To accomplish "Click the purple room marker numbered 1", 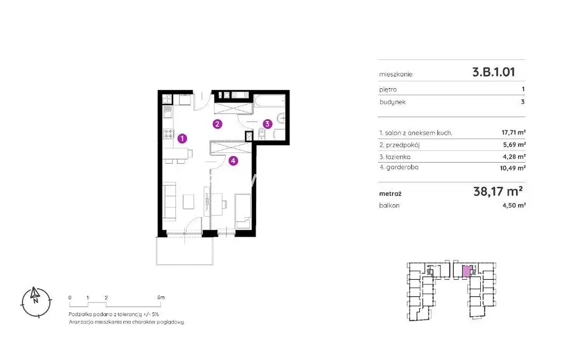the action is point(182,138).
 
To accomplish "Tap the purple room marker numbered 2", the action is point(217,125).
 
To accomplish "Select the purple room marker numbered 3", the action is point(267,124).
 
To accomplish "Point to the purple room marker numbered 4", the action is point(233,160).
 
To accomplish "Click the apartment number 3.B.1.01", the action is point(493,72).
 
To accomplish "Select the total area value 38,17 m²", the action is point(498,191).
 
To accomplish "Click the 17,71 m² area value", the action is point(513,133).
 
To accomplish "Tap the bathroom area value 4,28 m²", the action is point(515,156).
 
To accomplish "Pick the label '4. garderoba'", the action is point(399,168).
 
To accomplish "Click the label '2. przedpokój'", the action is point(399,145).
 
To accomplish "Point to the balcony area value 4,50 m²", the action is point(514,205).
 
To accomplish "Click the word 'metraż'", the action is point(390,193).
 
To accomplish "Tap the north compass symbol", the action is point(36,302).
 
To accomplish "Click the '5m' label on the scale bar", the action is point(161,297).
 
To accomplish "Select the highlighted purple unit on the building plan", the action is point(467,271).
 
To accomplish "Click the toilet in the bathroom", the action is point(262,134).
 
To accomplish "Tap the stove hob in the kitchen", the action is point(168,134).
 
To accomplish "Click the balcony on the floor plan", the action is point(184,251).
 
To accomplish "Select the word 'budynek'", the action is point(393,102).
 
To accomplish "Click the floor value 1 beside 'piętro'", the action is point(523,89).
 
